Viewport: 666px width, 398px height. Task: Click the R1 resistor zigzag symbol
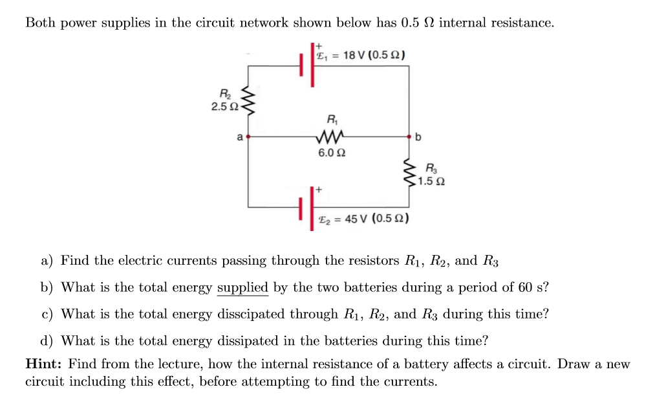(x=331, y=137)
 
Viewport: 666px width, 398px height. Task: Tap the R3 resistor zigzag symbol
(x=409, y=173)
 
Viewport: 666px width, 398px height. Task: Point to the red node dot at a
(x=248, y=137)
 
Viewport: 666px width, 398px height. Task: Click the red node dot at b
(x=409, y=137)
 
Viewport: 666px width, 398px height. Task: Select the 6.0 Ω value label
(x=331, y=153)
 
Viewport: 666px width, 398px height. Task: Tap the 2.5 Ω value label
(x=224, y=106)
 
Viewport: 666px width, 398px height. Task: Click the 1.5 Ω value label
(x=431, y=181)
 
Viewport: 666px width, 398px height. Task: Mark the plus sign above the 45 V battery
(x=318, y=190)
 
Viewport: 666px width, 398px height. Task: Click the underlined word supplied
(x=242, y=287)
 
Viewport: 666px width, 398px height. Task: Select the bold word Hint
(x=44, y=364)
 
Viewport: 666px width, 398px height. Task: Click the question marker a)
(x=47, y=261)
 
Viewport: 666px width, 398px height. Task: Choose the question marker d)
(x=47, y=341)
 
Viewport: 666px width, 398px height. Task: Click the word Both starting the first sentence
(x=39, y=23)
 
